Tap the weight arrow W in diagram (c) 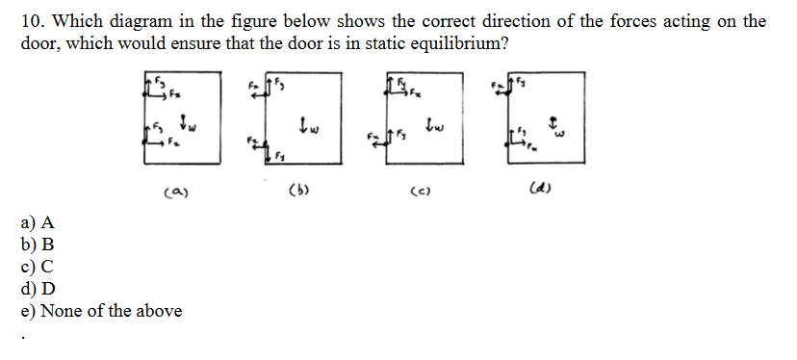428,123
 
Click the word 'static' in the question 354,44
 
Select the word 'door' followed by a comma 42,44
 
